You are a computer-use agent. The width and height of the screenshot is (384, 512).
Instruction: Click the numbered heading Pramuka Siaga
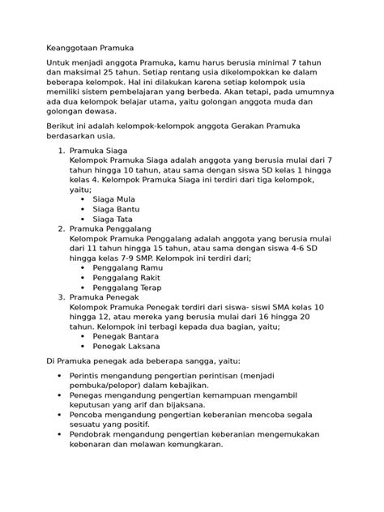[x=106, y=151]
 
